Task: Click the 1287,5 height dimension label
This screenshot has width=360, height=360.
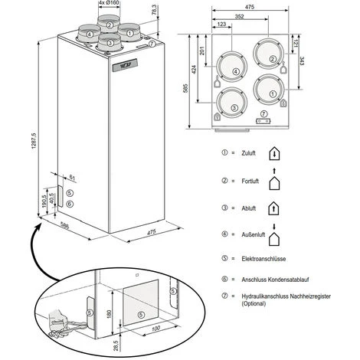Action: pos(34,141)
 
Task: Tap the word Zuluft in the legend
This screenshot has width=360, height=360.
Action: pos(248,153)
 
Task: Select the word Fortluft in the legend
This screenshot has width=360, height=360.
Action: pos(250,181)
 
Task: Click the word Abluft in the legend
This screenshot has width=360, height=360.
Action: pos(249,208)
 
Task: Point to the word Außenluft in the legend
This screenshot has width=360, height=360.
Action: pos(254,234)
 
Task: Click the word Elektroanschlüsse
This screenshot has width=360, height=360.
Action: pos(263,259)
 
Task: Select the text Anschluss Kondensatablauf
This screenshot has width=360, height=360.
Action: pos(275,280)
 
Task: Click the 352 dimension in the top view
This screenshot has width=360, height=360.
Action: pos(239,16)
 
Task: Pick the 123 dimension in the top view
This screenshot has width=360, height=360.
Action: pos(221,24)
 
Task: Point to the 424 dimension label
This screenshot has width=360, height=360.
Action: pos(194,70)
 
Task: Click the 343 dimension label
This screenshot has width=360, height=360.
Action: pos(301,61)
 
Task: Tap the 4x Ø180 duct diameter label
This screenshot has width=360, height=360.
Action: pos(110,3)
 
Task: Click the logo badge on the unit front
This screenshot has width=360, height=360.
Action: pos(125,65)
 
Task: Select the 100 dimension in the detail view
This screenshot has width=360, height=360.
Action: pos(155,329)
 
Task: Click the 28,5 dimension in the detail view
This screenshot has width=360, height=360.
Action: pos(116,345)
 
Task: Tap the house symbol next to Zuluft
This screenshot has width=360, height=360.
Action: pos(274,154)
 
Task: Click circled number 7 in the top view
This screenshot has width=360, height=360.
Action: pos(263,113)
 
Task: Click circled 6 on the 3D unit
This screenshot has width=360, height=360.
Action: pos(70,204)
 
